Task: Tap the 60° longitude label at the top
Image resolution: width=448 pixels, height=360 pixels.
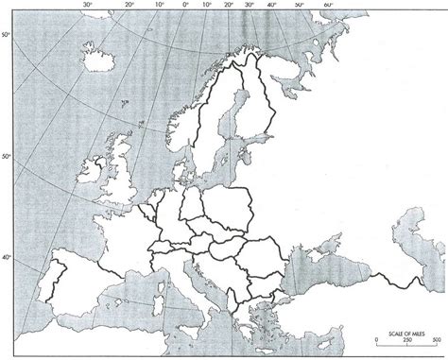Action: tap(328, 6)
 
